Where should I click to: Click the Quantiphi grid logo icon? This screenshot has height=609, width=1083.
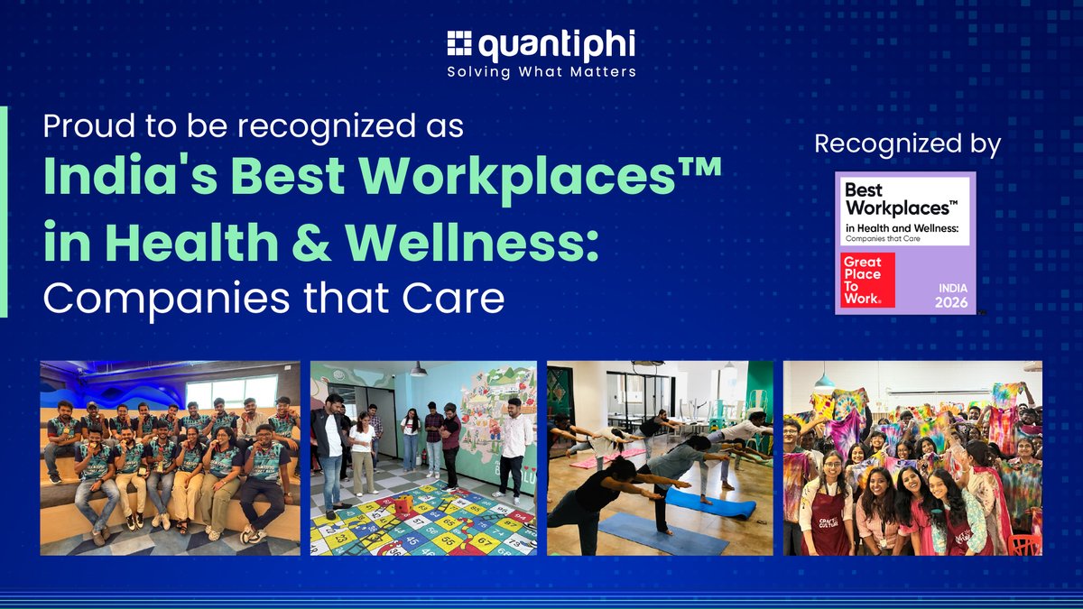458,43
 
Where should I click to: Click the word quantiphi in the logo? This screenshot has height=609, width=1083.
557,45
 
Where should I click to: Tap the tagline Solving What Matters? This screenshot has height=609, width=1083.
541,72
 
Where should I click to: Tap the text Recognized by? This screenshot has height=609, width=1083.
908,144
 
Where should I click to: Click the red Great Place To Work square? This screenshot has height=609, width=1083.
867,280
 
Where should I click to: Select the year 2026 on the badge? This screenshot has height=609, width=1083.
951,302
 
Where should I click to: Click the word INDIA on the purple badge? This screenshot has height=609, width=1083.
953,288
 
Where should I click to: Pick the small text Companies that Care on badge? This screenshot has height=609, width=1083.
883,239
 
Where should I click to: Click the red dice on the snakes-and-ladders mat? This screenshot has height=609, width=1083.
404,504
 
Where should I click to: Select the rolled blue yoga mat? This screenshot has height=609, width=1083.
710,503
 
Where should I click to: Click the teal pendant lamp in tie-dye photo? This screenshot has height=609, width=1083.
824,380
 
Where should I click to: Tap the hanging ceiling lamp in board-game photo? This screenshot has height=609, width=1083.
418,370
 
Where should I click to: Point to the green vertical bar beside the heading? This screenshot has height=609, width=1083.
4,212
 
